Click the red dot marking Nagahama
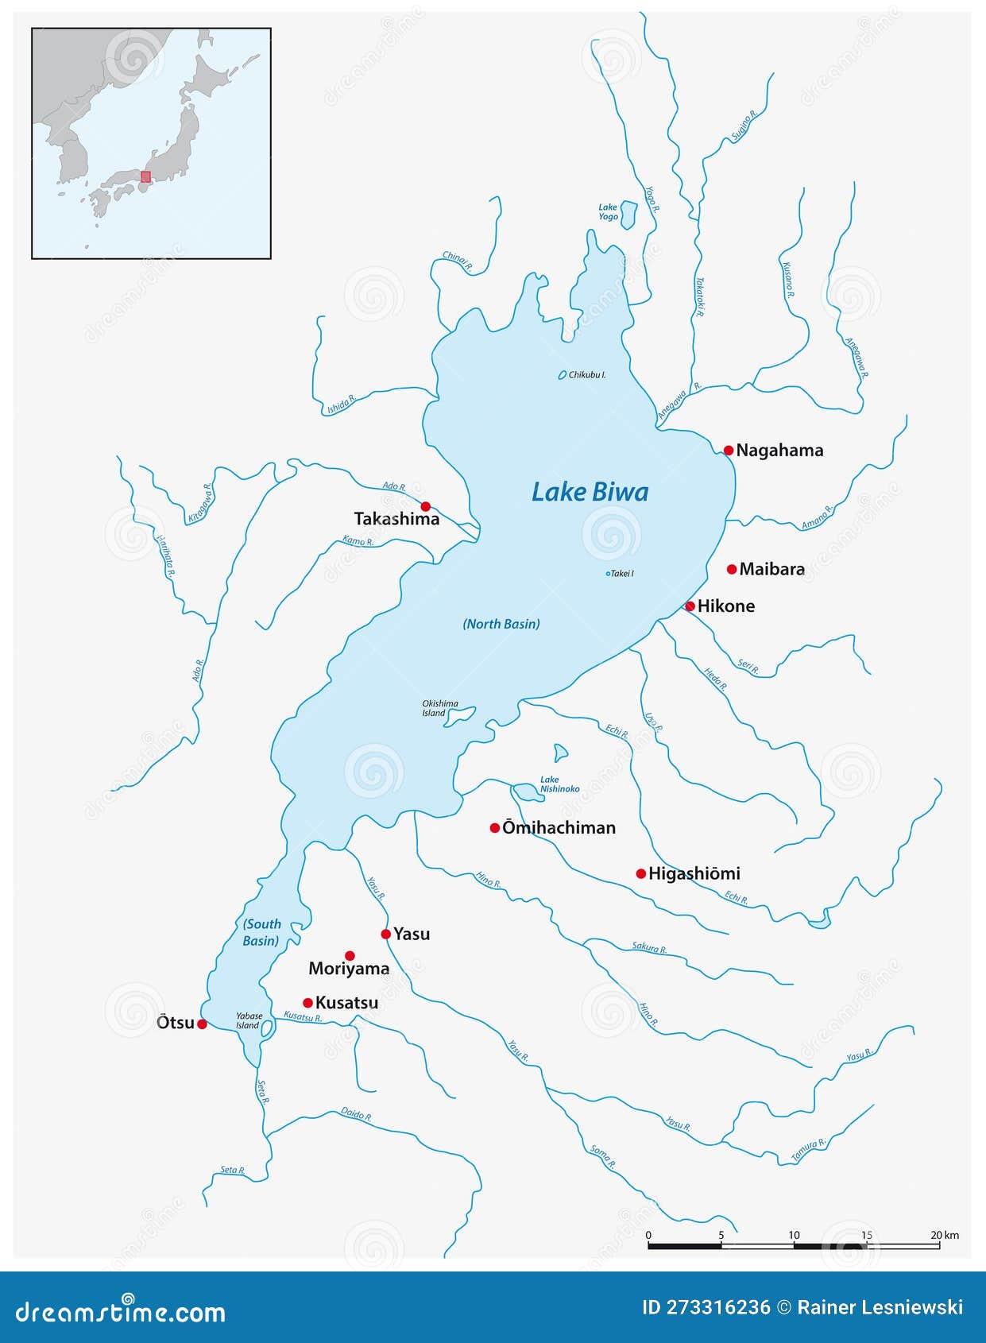[x=729, y=451]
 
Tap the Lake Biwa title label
[x=590, y=492]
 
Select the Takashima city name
[x=396, y=519]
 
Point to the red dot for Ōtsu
[x=202, y=1024]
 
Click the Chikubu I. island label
[x=587, y=374]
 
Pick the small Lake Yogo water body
[x=628, y=214]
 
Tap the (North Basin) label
[x=501, y=624]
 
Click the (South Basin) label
[x=261, y=932]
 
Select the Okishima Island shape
[x=461, y=716]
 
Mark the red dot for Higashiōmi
[x=641, y=874]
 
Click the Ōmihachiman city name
[x=559, y=828]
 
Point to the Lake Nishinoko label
[x=559, y=784]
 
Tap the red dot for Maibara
[x=732, y=569]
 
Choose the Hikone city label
[x=725, y=606]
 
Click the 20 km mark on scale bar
[x=939, y=1235]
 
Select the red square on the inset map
[x=145, y=176]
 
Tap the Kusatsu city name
[x=346, y=1003]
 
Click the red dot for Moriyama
[x=350, y=955]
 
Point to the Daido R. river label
[x=356, y=1114]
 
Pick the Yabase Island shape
[x=268, y=1028]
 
